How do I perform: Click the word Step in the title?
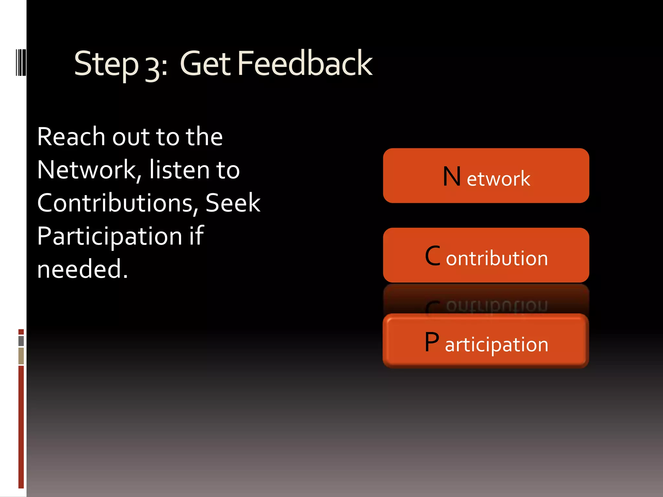[106, 65]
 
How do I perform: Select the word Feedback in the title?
[305, 64]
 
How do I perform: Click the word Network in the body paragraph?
[87, 170]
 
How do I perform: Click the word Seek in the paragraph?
[233, 203]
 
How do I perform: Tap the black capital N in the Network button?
[452, 177]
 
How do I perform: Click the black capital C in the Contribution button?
[433, 256]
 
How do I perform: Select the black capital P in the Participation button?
[432, 342]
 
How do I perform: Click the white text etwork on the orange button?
[499, 179]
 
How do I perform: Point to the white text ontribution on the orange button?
[497, 258]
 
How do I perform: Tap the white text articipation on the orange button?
[497, 345]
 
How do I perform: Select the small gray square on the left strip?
[21, 341]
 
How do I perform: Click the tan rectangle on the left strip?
[21, 356]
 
